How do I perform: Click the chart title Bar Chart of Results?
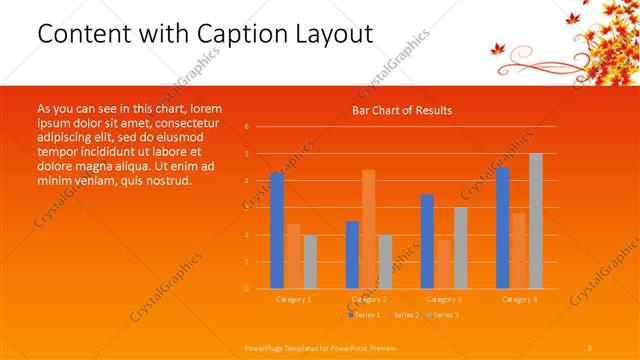pos(401,110)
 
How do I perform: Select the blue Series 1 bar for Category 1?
pos(277,230)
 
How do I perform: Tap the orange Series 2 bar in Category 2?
pos(368,229)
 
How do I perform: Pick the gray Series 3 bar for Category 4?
pos(535,221)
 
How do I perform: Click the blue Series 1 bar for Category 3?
pos(427,241)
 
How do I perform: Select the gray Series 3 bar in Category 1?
pos(309,261)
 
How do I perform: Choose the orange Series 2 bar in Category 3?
pos(443,264)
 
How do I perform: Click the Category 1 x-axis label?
pos(293,299)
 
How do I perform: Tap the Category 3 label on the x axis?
pos(443,299)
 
